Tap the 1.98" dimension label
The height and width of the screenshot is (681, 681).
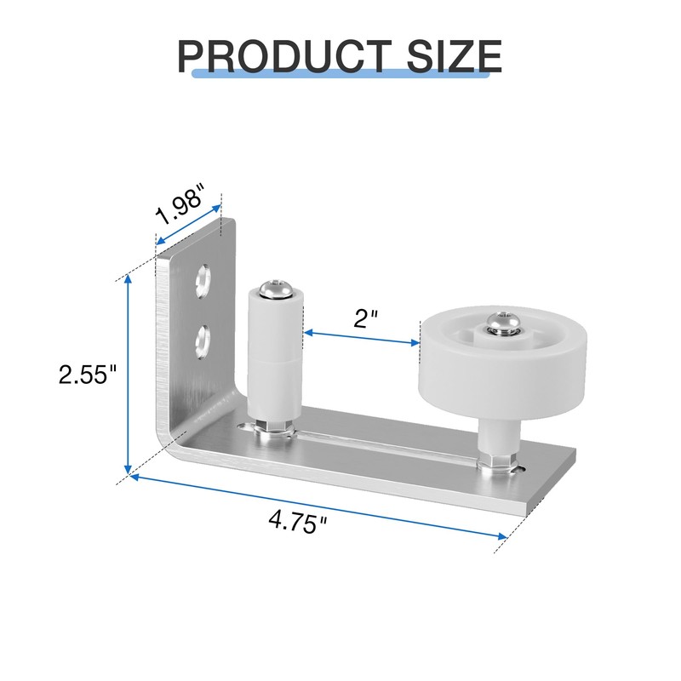click(179, 205)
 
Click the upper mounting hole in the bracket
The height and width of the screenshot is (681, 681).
click(203, 280)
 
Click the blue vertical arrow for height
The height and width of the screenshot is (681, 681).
click(128, 375)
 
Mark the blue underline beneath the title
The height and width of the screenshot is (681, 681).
click(340, 75)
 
